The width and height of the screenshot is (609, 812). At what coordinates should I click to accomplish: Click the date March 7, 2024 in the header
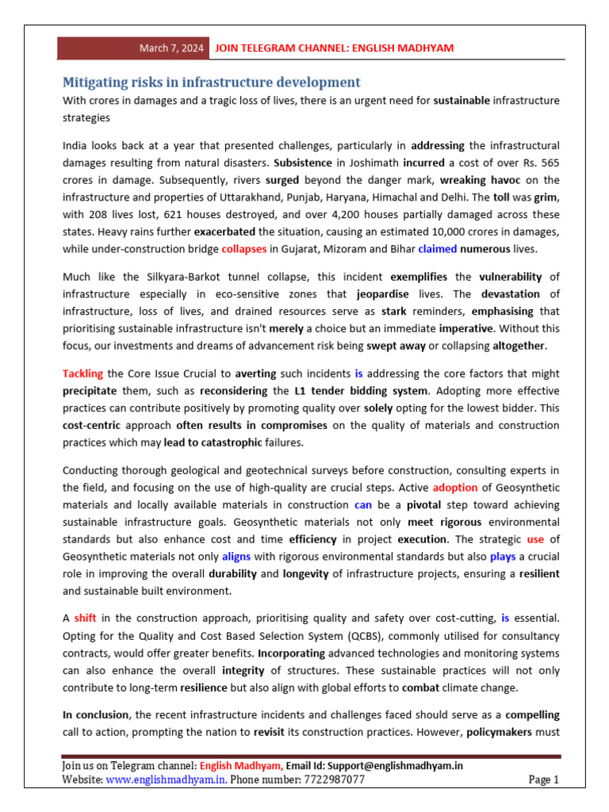(171, 48)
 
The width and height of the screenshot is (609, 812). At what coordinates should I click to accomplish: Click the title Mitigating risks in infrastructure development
(212, 82)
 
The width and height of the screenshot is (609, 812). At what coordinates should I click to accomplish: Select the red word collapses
(244, 249)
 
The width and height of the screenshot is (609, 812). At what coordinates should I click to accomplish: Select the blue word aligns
(236, 557)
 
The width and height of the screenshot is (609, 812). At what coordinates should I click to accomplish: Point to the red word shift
(85, 618)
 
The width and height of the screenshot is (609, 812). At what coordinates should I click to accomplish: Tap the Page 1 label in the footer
(543, 780)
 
